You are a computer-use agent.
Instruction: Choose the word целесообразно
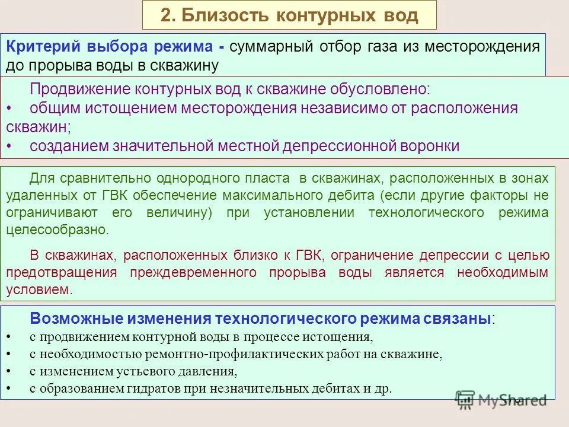click(57, 230)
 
